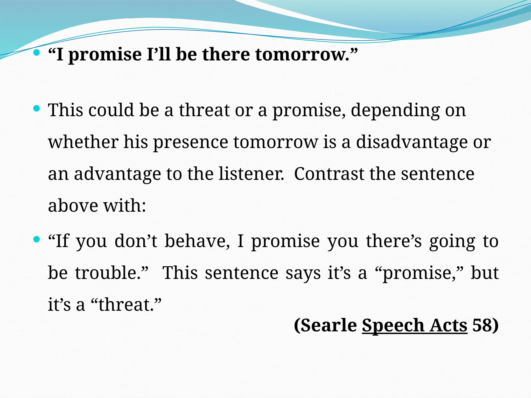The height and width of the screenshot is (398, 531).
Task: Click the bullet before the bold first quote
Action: click(37, 53)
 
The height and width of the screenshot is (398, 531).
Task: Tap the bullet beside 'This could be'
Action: click(37, 109)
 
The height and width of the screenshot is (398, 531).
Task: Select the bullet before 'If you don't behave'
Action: click(37, 239)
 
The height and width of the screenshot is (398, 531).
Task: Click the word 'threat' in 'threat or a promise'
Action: click(204, 110)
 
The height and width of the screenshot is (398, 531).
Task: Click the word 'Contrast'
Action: click(329, 174)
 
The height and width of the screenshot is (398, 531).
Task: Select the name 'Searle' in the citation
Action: click(329, 325)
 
